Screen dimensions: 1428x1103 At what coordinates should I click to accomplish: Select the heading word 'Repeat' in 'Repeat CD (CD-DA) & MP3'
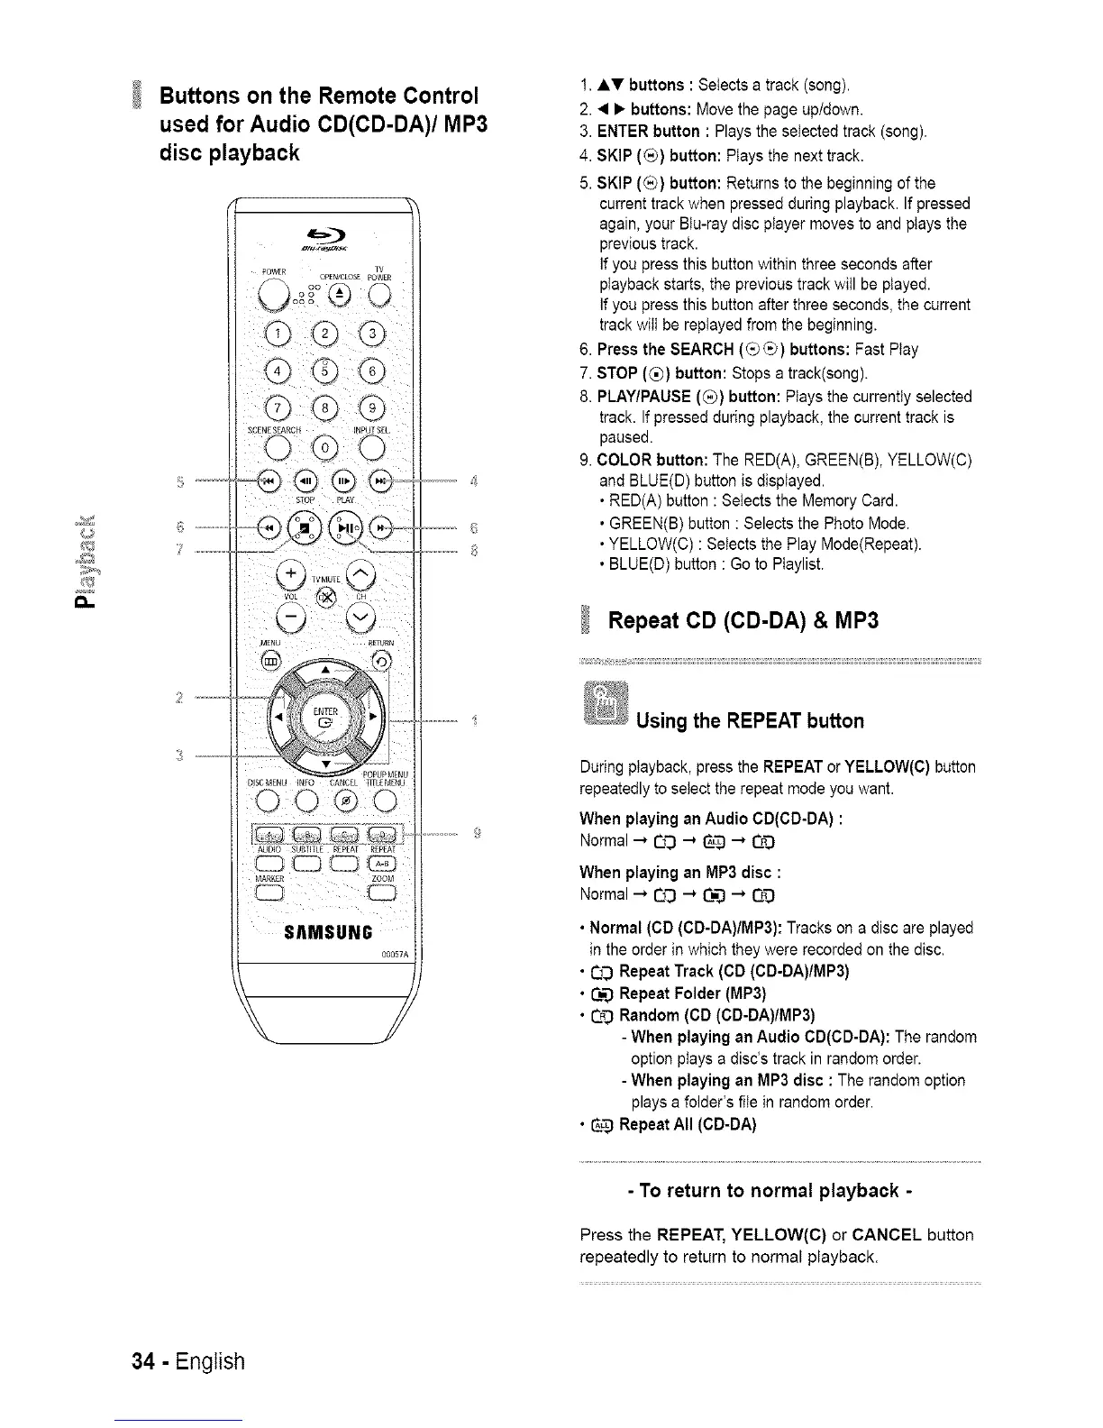652,621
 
